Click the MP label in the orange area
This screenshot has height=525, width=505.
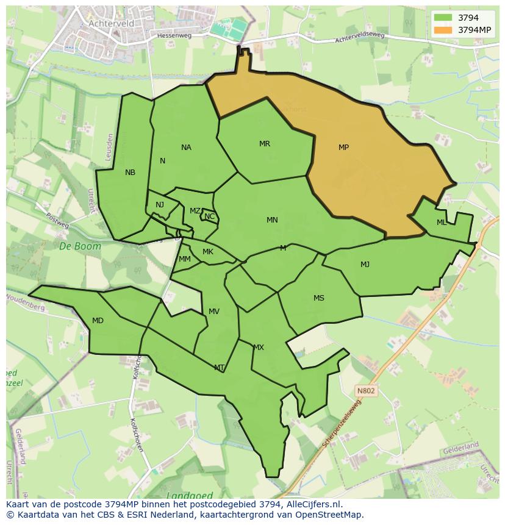[x=343, y=148]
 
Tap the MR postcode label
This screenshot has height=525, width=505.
[x=264, y=144]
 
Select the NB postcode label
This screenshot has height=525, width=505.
[x=130, y=173]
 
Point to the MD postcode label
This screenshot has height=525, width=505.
[x=98, y=321]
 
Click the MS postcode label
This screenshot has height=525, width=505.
[x=319, y=298]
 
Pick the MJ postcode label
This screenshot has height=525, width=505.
[x=365, y=265]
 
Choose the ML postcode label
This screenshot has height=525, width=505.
[x=442, y=223]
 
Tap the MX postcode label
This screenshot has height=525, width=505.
[x=259, y=348]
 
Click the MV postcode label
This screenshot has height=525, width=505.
[x=214, y=312]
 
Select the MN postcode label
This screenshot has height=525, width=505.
[x=272, y=220]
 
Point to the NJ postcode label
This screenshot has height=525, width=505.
[x=160, y=205]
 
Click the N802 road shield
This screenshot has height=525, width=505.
[x=367, y=390]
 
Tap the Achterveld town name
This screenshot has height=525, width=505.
[x=111, y=23]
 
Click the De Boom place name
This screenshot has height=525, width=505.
[x=72, y=246]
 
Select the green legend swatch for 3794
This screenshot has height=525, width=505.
[x=443, y=18]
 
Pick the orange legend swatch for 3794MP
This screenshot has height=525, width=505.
[x=443, y=30]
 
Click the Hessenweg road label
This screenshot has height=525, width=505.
[x=174, y=36]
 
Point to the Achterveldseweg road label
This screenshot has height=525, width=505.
[x=360, y=38]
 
